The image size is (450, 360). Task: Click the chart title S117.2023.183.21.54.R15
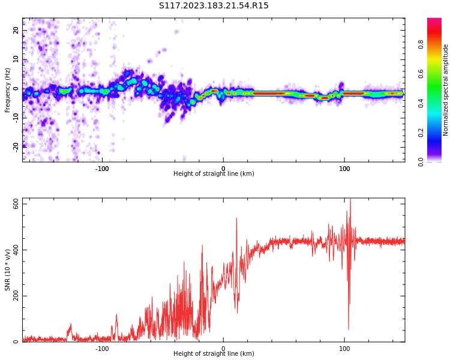[x=214, y=6]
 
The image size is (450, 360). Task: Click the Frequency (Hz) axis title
[x=8, y=90]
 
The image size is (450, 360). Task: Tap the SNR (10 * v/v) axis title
[x=8, y=270]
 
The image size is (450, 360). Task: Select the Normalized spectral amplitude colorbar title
[x=446, y=90]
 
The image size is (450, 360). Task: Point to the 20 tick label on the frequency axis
[x=16, y=30]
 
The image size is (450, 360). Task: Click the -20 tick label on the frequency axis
[x=16, y=146]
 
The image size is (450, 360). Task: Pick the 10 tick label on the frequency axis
[x=16, y=59]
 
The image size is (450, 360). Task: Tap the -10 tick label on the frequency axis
[x=16, y=117]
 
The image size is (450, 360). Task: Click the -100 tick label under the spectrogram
[x=102, y=169]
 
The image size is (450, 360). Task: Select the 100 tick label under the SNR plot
[x=344, y=349]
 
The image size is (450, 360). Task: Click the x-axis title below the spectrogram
[x=214, y=174]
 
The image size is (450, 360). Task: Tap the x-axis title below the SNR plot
[x=214, y=354]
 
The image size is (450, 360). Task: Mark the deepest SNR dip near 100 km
[x=349, y=329]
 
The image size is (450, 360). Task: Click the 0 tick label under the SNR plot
[x=223, y=349]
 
